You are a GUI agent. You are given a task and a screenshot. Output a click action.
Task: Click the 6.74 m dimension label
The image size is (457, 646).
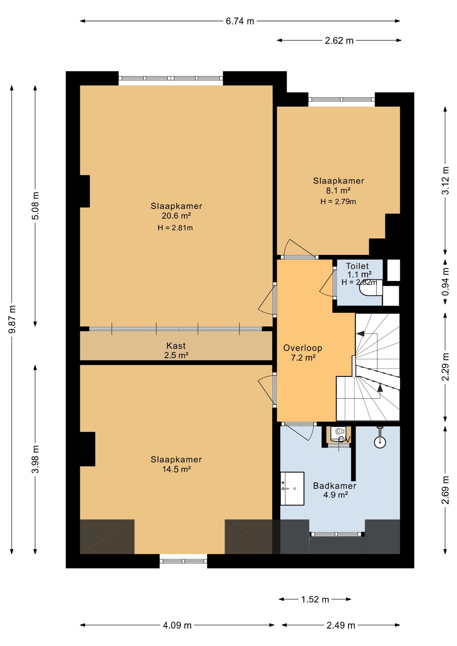click(240, 21)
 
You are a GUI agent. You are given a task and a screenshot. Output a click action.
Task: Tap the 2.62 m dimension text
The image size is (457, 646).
click(339, 41)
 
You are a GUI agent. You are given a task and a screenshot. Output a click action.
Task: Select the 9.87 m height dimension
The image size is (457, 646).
click(12, 319)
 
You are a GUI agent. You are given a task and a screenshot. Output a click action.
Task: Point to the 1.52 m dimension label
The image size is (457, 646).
click(315, 599)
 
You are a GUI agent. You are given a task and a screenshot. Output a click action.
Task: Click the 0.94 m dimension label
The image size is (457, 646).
click(445, 281)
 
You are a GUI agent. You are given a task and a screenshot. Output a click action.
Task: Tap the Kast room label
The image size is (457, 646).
click(176, 346)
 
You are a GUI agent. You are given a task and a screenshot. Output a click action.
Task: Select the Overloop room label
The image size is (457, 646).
click(303, 348)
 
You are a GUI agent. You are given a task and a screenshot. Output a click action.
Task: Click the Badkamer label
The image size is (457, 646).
click(335, 486)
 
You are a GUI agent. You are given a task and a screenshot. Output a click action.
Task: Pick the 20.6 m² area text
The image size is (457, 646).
click(176, 216)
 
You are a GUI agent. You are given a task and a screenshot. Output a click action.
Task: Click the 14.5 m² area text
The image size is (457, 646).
click(176, 469)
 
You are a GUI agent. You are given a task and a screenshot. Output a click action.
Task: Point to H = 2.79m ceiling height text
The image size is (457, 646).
click(338, 202)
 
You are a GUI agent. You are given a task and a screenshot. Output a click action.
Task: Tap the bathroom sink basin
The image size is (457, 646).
click(292, 488)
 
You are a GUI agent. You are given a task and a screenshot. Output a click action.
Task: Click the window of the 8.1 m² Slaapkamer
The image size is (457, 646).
click(342, 99)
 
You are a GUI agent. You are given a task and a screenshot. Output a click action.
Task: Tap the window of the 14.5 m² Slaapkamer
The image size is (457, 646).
click(183, 561)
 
